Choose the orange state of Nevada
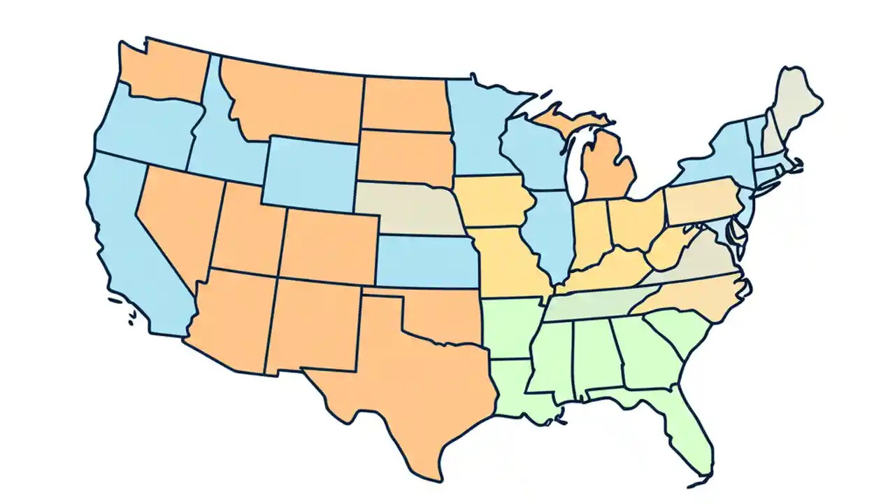tap(178, 217)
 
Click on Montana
tap(294, 101)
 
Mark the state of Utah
tap(248, 231)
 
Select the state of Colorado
tap(329, 245)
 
